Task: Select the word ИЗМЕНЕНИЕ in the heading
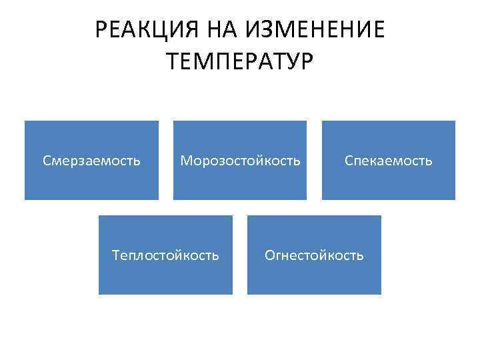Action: pyautogui.click(x=317, y=30)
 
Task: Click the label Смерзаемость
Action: pyautogui.click(x=91, y=161)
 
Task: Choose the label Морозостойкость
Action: pyautogui.click(x=240, y=161)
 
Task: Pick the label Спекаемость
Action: pyautogui.click(x=388, y=161)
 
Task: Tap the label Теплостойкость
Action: pyautogui.click(x=165, y=255)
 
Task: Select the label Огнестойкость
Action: pyautogui.click(x=314, y=255)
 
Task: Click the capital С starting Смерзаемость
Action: pyautogui.click(x=47, y=161)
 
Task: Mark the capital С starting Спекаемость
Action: pyautogui.click(x=348, y=161)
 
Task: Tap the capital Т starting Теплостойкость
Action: pyautogui.click(x=117, y=255)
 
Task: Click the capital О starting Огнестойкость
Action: pyautogui.click(x=270, y=255)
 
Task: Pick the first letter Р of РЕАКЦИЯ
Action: pyautogui.click(x=101, y=30)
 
